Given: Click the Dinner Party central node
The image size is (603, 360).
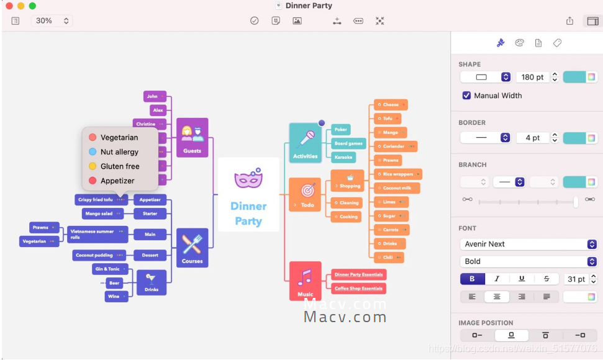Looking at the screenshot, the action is point(248,194).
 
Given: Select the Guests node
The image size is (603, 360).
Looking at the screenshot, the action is point(192,137).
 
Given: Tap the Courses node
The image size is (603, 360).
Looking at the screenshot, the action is point(192,248).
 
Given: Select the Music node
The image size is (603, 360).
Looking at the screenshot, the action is point(305,281).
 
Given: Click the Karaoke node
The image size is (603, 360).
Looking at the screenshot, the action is point(343,157).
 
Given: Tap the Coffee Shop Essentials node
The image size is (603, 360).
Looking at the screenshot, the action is point(359,288).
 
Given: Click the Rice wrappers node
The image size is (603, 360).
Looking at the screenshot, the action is point(398,174).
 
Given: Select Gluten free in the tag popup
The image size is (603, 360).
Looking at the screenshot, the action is point(120,166).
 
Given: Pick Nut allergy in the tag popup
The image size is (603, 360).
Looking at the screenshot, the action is point(119,152).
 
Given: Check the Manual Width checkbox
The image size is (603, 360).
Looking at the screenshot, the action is point(466,96).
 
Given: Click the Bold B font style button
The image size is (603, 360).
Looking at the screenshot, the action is point(472,279).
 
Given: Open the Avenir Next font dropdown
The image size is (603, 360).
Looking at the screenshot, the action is point(528,244).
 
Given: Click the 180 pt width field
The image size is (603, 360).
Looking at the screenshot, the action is point(532,77).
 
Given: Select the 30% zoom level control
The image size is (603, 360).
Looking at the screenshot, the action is point(51,20).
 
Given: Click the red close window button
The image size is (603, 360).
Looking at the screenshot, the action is point(9,6).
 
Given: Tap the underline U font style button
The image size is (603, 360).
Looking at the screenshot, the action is point(522,279).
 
